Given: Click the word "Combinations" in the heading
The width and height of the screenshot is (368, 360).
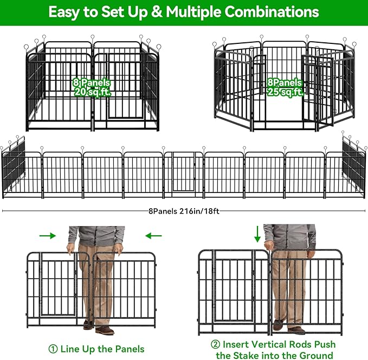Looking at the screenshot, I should coord(274,11).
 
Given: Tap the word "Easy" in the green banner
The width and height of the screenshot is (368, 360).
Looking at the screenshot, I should coord(65,11).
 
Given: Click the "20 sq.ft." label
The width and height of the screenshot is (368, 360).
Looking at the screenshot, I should coord(92,93).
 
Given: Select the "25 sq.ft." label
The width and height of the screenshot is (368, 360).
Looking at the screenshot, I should coord(285,93).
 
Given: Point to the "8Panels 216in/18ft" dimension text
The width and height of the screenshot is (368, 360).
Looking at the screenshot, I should coord(184,211).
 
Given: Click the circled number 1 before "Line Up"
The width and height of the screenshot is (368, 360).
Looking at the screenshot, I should coord(53,349).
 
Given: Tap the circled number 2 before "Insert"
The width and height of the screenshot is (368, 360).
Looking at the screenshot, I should coord(215,345).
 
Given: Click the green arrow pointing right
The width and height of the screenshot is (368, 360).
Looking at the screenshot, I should coord(48,236).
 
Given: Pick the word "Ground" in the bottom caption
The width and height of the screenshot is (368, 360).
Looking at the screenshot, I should coord(314,356).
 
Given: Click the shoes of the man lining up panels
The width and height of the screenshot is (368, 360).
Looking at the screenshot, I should coord(98,327).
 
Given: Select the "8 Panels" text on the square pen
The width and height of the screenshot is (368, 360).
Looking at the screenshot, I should coord(92,83).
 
